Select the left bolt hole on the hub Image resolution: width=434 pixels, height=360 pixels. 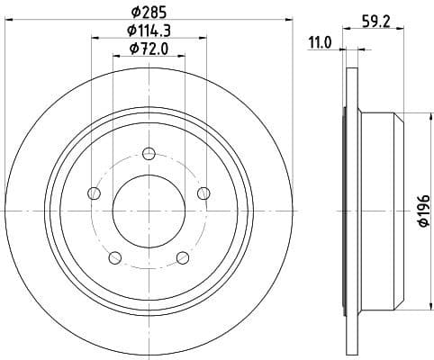(94, 192)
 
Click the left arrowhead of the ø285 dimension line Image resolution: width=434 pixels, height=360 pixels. (11, 22)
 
